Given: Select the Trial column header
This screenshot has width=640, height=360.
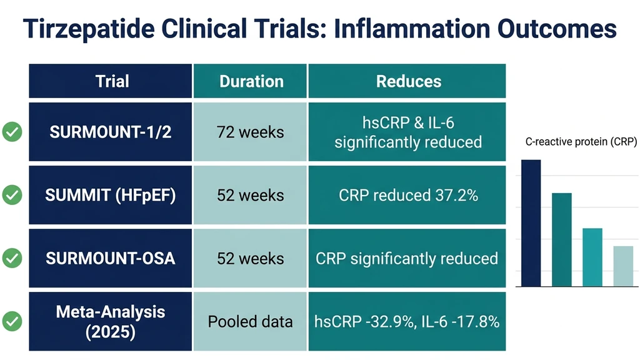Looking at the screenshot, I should coord(112,81).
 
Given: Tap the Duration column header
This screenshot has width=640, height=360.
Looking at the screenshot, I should coord(251,81).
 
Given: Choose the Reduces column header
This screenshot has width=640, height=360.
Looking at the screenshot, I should coord(408,81).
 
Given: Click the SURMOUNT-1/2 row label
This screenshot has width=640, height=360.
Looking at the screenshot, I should coord(111,132).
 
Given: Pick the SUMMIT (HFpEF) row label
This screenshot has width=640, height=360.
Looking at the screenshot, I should coord(111,196).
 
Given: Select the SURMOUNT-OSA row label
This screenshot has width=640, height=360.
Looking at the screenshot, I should coord(111,259).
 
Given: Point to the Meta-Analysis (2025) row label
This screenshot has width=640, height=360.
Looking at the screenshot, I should coord(111,321).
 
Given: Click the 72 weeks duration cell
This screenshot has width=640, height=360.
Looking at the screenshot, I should coord(250,132).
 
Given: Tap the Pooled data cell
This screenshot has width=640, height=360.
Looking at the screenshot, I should coord(250,322).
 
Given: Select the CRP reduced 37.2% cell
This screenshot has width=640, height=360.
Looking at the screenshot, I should coord(408,196).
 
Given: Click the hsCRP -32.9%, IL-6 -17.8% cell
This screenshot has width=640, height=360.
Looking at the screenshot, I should coord(408,322).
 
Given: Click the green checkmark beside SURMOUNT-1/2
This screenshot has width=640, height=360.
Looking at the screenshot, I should coord(12,132).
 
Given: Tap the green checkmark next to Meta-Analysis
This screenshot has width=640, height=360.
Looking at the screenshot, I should coord(12,322).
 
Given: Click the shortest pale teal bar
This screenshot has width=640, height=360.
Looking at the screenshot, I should coord(622,266).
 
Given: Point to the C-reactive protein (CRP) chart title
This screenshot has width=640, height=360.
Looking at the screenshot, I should coord(581,142).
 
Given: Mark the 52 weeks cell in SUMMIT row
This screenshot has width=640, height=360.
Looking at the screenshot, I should coord(250,196).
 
